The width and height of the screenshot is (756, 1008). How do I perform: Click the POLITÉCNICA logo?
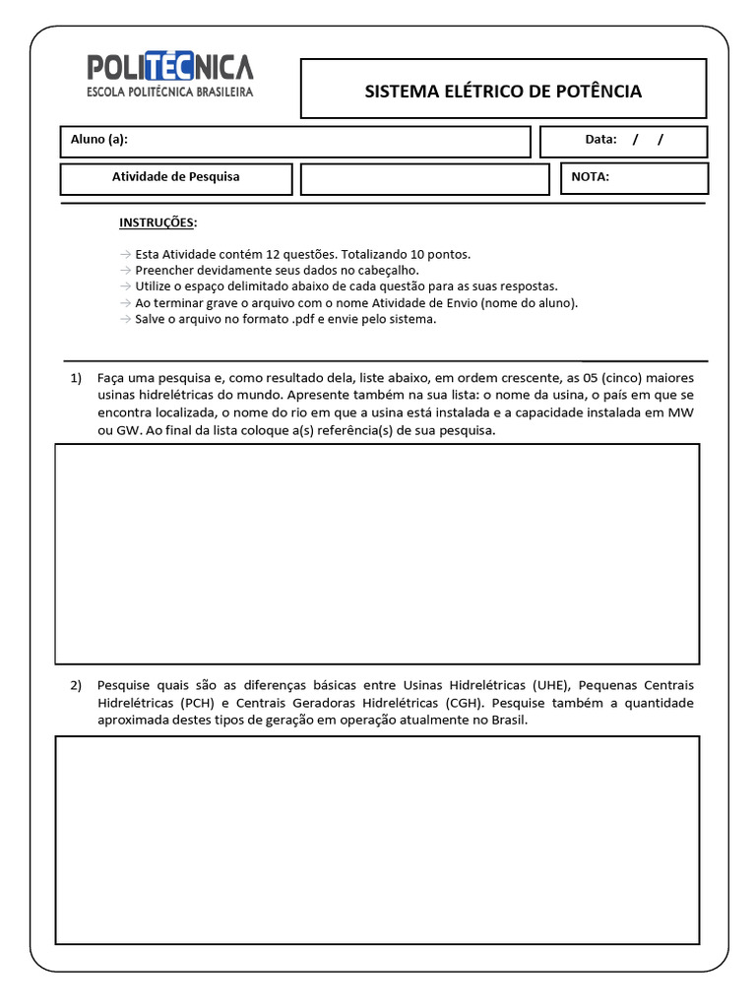pyautogui.click(x=170, y=67)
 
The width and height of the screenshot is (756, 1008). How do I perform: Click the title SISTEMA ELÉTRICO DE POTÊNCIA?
pyautogui.click(x=503, y=92)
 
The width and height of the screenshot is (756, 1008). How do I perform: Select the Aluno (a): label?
pyautogui.click(x=99, y=140)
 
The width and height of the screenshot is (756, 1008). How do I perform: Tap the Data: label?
pyautogui.click(x=600, y=140)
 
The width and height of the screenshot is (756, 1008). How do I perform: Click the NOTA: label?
pyautogui.click(x=591, y=177)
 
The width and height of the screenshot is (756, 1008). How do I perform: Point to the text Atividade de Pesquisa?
pyautogui.click(x=175, y=177)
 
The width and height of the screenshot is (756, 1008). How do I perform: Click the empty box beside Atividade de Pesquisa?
pyautogui.click(x=424, y=179)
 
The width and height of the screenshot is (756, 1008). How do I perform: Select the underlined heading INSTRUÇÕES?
pyautogui.click(x=157, y=223)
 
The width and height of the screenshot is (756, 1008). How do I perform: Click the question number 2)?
pyautogui.click(x=77, y=685)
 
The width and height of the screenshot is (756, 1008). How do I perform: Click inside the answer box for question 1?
pyautogui.click(x=377, y=553)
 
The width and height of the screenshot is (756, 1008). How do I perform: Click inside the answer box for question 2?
pyautogui.click(x=377, y=840)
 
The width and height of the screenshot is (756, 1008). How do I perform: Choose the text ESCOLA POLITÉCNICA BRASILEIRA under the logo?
pyautogui.click(x=170, y=93)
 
